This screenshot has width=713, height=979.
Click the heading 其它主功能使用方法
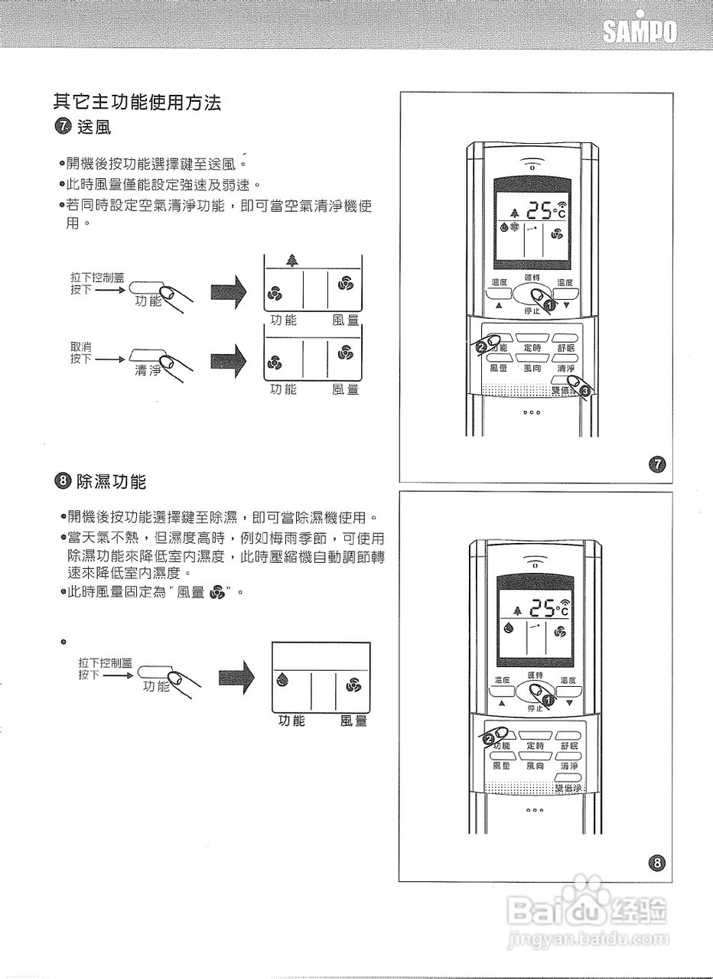[138, 101]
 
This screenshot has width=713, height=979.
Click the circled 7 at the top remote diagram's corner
[656, 463]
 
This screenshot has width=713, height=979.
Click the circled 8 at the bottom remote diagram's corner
[656, 863]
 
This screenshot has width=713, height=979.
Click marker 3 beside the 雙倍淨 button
[585, 390]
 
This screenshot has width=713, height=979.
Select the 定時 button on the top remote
[532, 347]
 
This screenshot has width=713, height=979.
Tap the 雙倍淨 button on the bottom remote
[568, 787]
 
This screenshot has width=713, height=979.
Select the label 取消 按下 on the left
[81, 353]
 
